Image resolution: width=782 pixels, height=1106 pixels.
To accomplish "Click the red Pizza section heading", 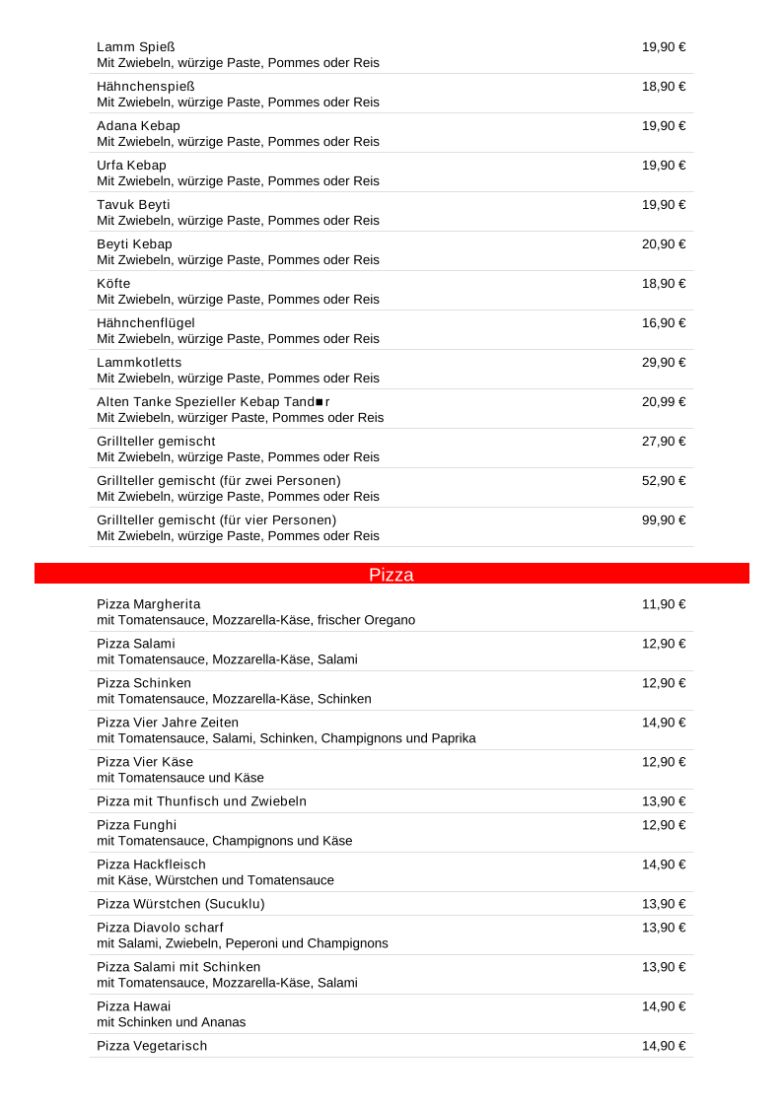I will [x=391, y=575].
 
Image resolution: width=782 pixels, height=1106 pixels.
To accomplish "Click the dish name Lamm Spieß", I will [x=136, y=47].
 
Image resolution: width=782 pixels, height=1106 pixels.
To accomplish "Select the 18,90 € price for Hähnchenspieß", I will [x=664, y=87].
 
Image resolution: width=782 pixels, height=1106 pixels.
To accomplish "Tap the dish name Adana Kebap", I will [x=138, y=126].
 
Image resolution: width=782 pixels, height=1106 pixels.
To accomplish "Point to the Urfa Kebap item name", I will [x=131, y=166].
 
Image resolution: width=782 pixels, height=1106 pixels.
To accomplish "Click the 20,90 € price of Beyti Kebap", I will [x=664, y=244].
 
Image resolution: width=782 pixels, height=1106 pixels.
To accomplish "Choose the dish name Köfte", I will [x=113, y=284].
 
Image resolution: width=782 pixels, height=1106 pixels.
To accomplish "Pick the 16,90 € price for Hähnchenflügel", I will [x=664, y=323].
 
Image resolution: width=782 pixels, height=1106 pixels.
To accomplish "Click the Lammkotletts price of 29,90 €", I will [x=664, y=363].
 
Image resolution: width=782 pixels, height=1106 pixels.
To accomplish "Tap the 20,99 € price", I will [x=664, y=402].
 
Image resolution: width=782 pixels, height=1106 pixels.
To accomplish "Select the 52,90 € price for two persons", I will [x=664, y=481].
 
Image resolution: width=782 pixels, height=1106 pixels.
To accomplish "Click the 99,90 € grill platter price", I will [x=664, y=520].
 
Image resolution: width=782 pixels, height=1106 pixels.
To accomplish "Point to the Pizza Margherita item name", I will [x=149, y=604].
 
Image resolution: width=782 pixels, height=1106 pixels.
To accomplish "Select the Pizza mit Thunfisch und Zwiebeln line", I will [x=201, y=801].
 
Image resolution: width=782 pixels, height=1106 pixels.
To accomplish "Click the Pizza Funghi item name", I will [x=137, y=825].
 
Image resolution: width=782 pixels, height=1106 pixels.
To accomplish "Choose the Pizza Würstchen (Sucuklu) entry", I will [x=180, y=904].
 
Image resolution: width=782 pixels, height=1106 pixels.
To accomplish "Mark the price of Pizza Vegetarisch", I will [x=664, y=1046].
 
